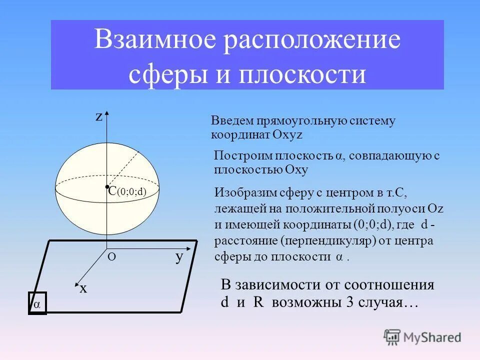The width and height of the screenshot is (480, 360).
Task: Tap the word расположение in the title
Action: [x=312, y=41]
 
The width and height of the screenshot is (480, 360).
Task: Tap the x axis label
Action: [x=83, y=288]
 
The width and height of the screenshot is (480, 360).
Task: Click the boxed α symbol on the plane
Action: [x=37, y=303]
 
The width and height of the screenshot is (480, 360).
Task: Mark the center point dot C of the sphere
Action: [x=107, y=187]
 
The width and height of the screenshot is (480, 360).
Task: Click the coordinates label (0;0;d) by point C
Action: [x=131, y=191]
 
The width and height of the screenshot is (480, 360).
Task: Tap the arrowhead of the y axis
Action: [x=190, y=248]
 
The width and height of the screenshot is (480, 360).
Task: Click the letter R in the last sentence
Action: [x=258, y=303]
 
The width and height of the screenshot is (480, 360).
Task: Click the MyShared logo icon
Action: [x=392, y=337]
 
